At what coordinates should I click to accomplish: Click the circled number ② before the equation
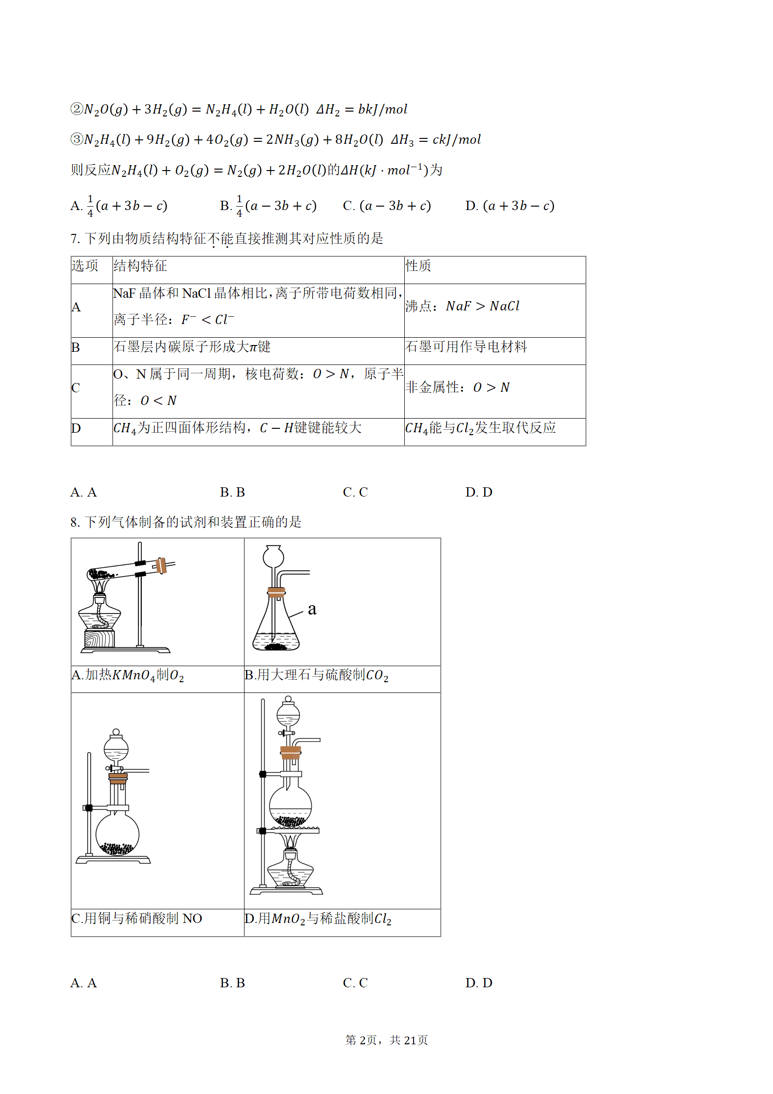pos(77,109)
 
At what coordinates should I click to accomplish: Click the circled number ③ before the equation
pos(77,139)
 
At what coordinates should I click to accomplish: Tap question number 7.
pos(75,238)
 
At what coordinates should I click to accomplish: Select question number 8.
pos(75,522)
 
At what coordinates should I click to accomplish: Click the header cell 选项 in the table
pos(85,266)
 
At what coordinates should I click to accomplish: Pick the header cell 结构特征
pos(140,266)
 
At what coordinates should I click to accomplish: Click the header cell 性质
pos(418,266)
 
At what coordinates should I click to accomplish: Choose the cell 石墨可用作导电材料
pos(466,346)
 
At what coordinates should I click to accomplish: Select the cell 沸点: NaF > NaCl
pos(462,306)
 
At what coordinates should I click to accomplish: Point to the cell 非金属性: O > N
pos(457,387)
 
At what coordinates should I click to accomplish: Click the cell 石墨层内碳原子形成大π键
pos(192,346)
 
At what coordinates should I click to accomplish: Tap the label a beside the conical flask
pos(312,609)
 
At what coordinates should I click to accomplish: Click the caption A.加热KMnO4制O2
pos(128,675)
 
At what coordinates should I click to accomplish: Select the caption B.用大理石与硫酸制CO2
pos(317,675)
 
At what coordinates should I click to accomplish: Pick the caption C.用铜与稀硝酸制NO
pos(137,919)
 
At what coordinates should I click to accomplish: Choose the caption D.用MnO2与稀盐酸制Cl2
pos(318,919)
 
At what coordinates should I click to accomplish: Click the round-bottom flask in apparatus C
pos(117,835)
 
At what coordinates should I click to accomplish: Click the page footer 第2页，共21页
pos(387,1040)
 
